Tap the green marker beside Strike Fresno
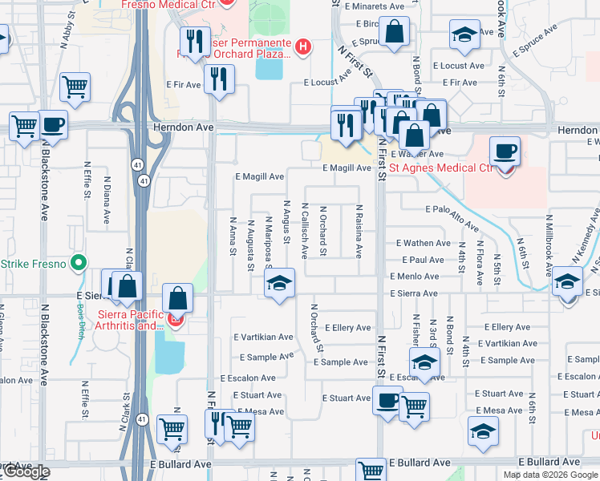coord(78,263)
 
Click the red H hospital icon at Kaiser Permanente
coord(302,46)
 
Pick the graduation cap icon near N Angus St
coord(279,283)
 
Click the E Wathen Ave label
coord(423,243)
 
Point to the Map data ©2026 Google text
coord(549,475)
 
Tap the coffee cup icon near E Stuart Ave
coord(387,399)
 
